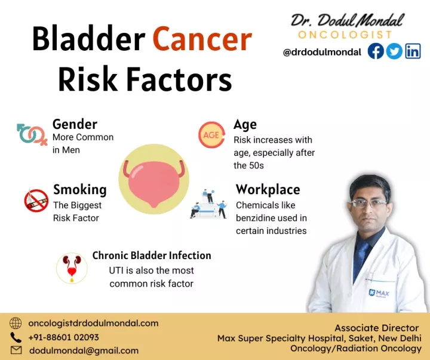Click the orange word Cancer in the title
(x=202, y=39)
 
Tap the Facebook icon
(x=376, y=51)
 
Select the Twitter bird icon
(x=394, y=51)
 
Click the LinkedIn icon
(x=413, y=51)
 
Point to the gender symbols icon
(x=32, y=134)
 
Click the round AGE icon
(x=211, y=135)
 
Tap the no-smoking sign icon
(x=36, y=200)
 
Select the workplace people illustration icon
(x=208, y=204)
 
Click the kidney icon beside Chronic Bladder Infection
(x=72, y=268)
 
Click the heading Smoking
(x=79, y=189)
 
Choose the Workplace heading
(x=268, y=189)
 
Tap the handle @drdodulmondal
(x=322, y=52)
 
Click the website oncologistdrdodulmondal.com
(x=93, y=323)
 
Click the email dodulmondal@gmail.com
(x=84, y=350)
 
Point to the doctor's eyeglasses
(x=368, y=203)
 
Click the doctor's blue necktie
(x=362, y=257)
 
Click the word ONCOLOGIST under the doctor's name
(x=345, y=35)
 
